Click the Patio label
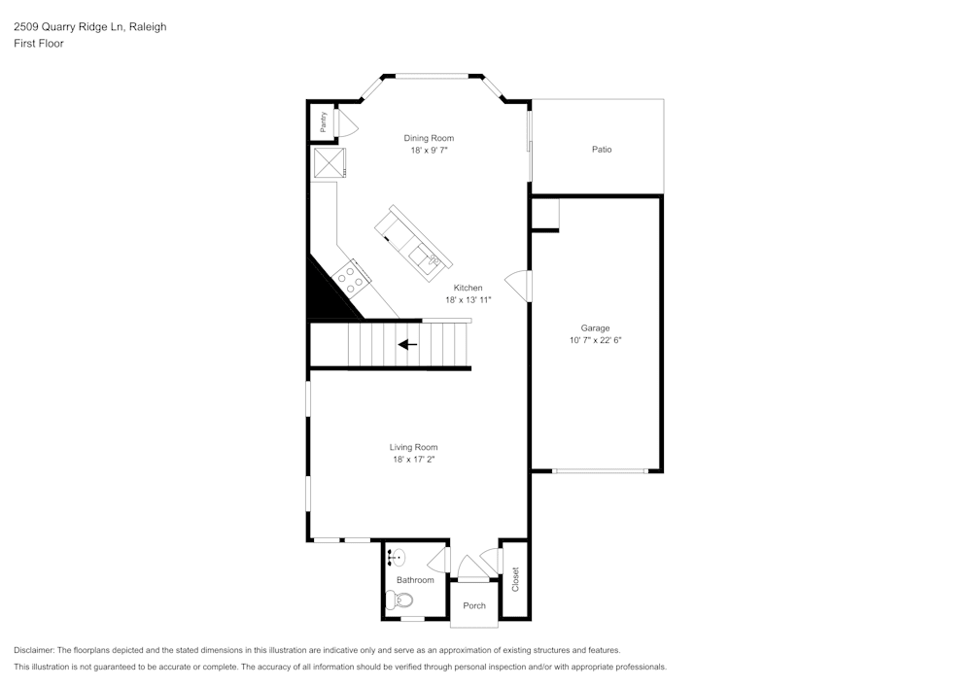click(602, 150)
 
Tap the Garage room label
click(595, 328)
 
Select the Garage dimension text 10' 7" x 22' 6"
click(595, 341)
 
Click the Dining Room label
click(429, 138)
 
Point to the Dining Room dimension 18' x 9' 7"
click(429, 151)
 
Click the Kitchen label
click(468, 288)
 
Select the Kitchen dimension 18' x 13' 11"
click(469, 300)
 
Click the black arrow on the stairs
click(408, 344)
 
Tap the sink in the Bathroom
click(397, 558)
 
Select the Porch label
click(473, 605)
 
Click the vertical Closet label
click(515, 579)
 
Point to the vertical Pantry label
click(323, 121)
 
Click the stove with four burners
click(351, 279)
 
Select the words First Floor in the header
click(39, 44)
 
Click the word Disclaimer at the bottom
click(34, 650)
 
